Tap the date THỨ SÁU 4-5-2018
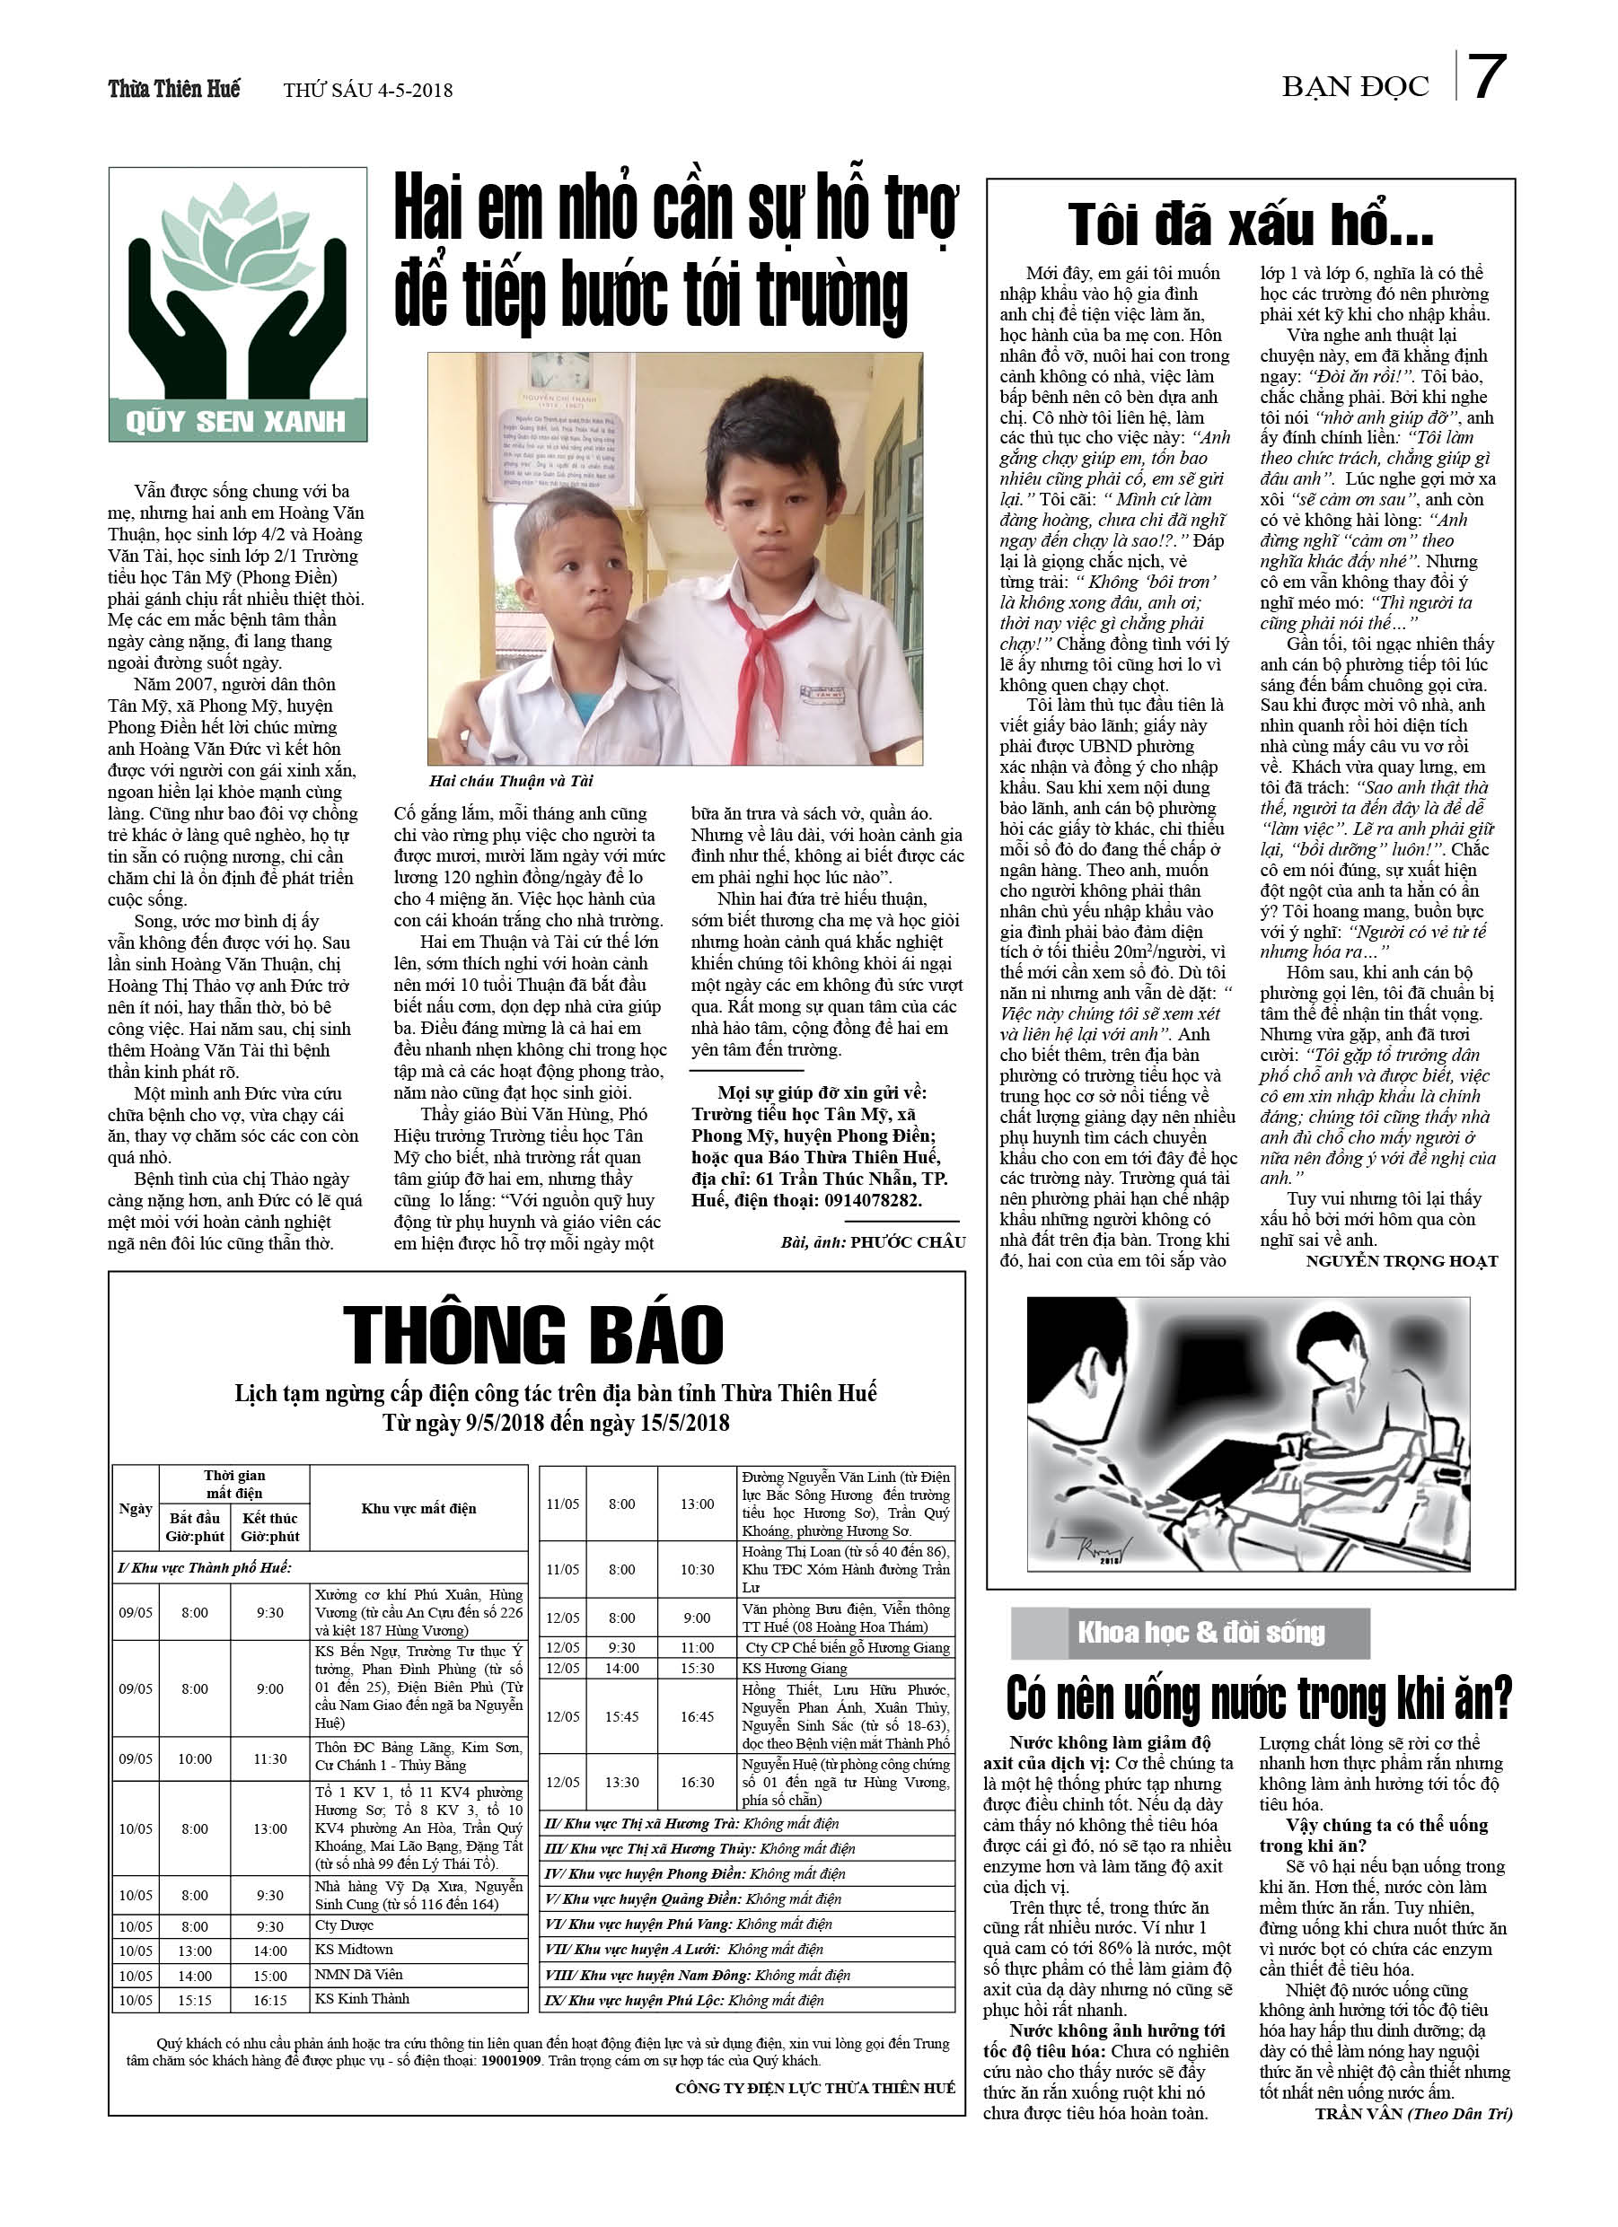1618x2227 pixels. [x=367, y=91]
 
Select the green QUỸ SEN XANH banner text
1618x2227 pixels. [x=236, y=421]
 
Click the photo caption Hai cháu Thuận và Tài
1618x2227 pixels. [x=511, y=781]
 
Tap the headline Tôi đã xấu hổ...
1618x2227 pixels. [x=1250, y=225]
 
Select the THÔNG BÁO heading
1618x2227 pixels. [x=533, y=1335]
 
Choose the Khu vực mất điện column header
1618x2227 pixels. [x=418, y=1508]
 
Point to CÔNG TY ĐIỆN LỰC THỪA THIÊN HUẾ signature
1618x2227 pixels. [x=814, y=2088]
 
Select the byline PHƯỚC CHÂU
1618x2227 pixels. [x=908, y=1242]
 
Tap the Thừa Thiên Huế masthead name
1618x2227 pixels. [x=174, y=90]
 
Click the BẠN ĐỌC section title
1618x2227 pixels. [x=1355, y=87]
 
